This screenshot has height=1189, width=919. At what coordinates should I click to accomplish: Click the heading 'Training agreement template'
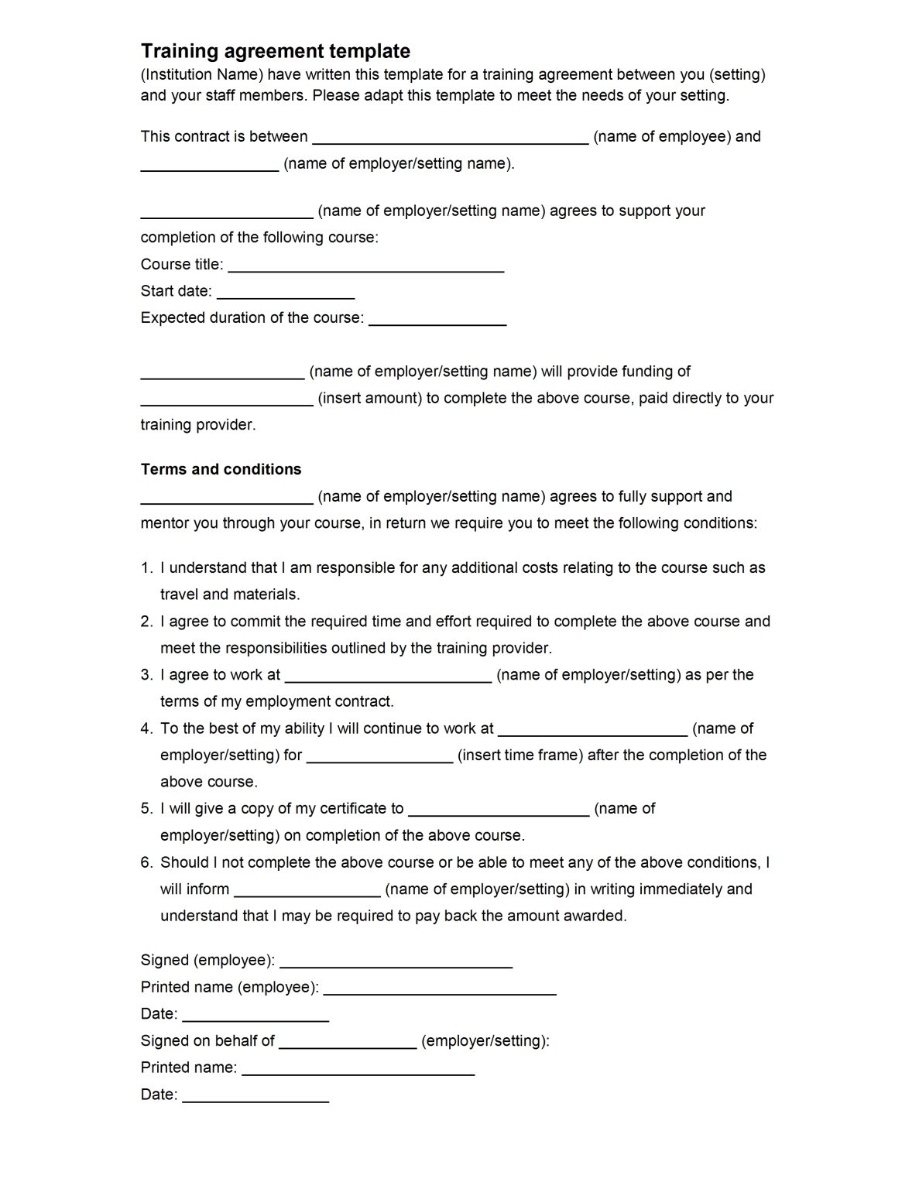275,51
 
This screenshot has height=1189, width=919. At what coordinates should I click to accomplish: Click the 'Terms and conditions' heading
221,469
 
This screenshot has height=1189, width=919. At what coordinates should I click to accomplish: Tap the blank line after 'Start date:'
286,293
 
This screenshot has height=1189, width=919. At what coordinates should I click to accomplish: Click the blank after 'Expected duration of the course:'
437,320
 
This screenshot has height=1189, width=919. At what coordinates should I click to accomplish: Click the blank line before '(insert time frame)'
379,758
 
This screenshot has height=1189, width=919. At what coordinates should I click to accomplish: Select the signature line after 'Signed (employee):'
396,963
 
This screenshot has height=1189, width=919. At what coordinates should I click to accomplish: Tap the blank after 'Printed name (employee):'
439,990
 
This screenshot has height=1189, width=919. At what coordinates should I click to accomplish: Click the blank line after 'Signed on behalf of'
348,1043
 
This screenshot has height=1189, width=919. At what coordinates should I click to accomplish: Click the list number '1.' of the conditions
147,568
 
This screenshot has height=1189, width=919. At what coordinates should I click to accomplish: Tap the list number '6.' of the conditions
147,862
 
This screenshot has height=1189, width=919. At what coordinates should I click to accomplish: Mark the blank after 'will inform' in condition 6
307,892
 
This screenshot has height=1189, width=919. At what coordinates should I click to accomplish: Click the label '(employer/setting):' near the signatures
485,1041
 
